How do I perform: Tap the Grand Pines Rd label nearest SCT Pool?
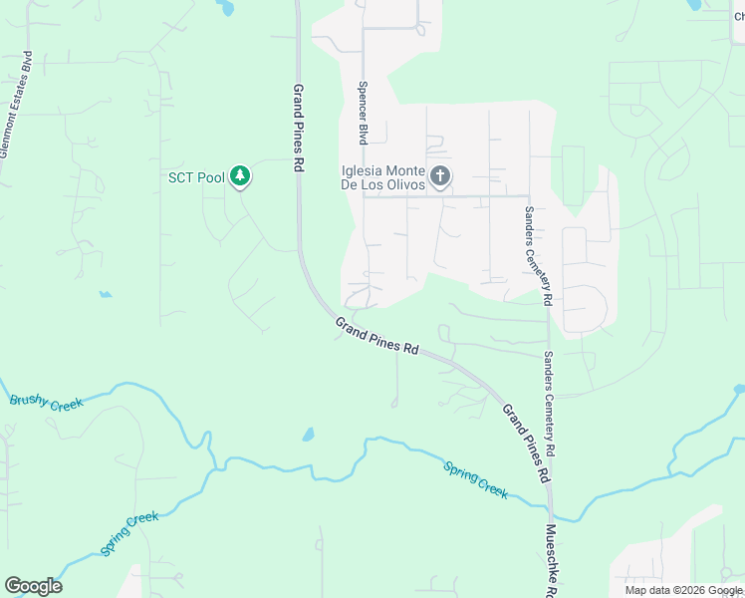[x=298, y=128]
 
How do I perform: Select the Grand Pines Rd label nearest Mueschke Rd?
[x=525, y=444]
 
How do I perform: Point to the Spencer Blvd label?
[x=364, y=112]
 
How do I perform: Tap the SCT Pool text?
[x=196, y=178]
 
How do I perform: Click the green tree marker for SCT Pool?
[x=239, y=176]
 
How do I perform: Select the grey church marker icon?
[x=440, y=177]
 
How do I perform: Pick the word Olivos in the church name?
[x=408, y=184]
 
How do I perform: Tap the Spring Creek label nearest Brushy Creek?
[x=128, y=533]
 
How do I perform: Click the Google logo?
[x=33, y=586]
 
